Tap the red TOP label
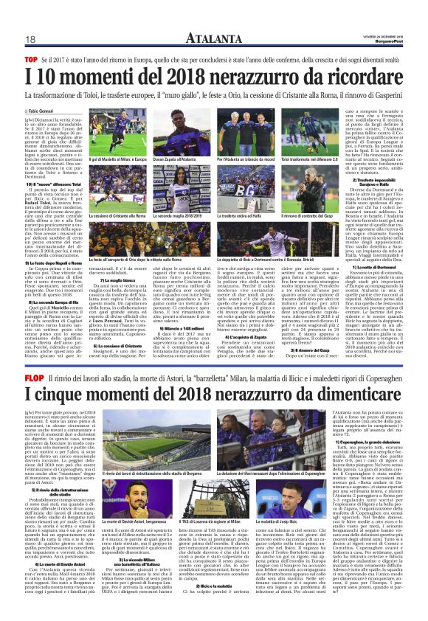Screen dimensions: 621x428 click(x=31, y=58)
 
